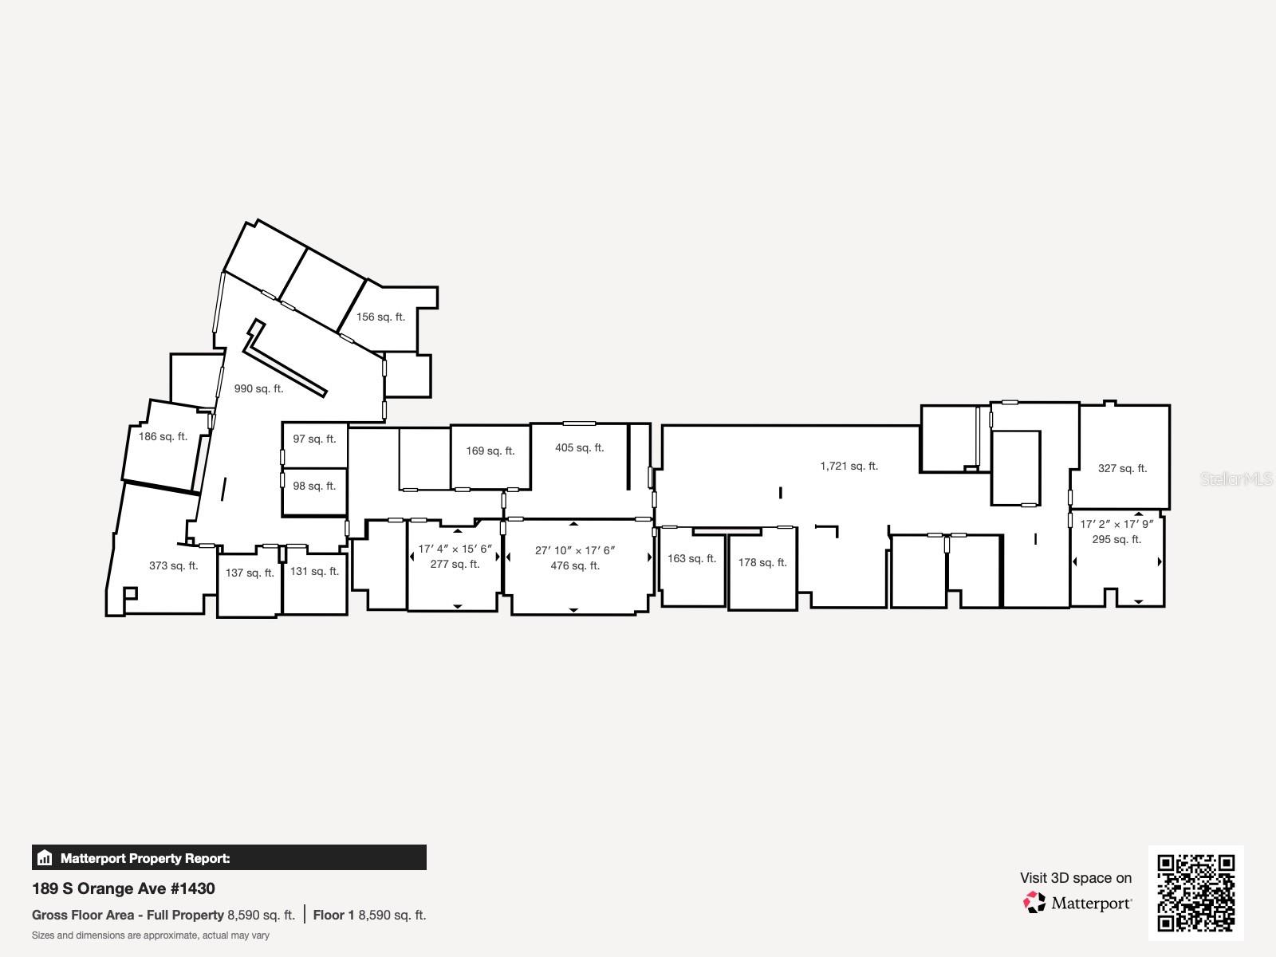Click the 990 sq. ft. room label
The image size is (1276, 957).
258,389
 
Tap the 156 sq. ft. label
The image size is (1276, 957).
380,317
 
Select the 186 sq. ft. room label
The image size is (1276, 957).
163,437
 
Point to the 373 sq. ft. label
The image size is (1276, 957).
173,566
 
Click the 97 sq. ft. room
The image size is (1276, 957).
314,439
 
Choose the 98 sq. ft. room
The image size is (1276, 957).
314,486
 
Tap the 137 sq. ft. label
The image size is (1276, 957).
250,573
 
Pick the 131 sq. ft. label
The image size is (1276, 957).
314,572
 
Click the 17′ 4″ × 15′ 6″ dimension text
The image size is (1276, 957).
455,549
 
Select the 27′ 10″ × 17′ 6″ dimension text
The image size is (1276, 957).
574,551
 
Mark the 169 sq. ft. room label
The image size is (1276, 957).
490,451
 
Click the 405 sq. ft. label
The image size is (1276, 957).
579,448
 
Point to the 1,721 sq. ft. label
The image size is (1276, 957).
849,467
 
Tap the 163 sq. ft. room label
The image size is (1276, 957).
691,559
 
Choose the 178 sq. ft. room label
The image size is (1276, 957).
762,563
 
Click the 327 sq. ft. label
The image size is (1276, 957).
1122,469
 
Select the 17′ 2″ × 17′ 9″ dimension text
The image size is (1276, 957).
1116,525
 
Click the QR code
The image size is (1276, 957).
1195,893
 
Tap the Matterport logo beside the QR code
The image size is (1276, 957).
1077,903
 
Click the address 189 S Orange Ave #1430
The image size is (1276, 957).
124,888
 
